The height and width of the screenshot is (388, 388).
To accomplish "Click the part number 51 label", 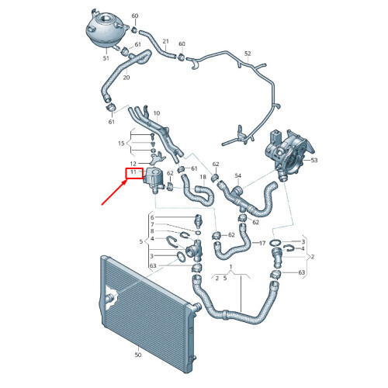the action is (106, 58).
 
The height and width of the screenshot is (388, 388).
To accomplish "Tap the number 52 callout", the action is (248, 54).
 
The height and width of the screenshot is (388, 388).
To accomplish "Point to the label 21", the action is (165, 41).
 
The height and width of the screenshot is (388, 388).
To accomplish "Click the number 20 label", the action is (126, 78).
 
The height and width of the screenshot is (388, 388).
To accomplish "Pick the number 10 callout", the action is (157, 113).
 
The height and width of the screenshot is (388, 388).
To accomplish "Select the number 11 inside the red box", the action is (133, 172).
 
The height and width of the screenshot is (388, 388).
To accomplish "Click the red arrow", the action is (114, 192).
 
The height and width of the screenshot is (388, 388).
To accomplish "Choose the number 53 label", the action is (314, 160).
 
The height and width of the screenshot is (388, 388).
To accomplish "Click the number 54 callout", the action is (238, 176).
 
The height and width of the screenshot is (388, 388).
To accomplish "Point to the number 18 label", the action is (203, 177).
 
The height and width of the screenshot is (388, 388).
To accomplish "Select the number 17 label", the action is (262, 243).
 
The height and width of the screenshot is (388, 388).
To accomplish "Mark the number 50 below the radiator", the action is (138, 355).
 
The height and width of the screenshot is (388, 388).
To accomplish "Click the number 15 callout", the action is (121, 144).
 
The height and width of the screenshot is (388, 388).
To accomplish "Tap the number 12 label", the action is (133, 164).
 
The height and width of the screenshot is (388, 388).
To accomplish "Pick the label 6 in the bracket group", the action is (152, 217).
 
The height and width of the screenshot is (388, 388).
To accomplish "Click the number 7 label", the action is (152, 224).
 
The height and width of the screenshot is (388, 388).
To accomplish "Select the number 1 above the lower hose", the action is (231, 267).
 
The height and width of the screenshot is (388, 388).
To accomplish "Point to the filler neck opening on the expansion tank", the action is (106, 19).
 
